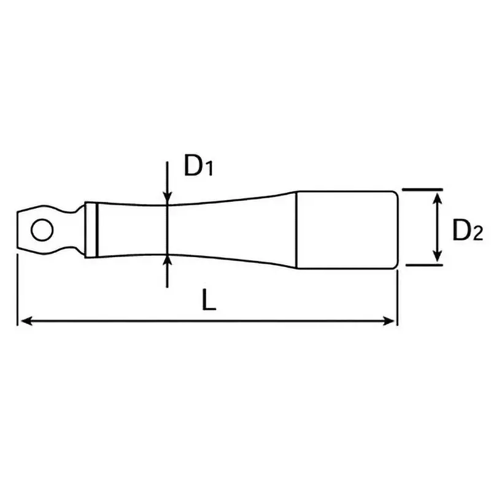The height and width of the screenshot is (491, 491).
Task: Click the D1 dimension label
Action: tap(198, 166)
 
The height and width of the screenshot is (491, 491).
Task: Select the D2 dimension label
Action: tap(468, 231)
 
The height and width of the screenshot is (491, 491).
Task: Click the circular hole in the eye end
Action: tap(42, 231)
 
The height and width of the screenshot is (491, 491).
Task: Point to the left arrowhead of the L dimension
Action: tap(25, 320)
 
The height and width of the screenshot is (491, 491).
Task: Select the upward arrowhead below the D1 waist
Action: tap(167, 261)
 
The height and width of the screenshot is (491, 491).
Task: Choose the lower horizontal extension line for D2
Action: tap(423, 266)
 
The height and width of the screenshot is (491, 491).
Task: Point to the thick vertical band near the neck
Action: tap(98, 231)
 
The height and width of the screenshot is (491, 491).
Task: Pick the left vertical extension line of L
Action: tap(17, 288)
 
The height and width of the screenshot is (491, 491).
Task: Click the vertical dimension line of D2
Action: tap(436, 228)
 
